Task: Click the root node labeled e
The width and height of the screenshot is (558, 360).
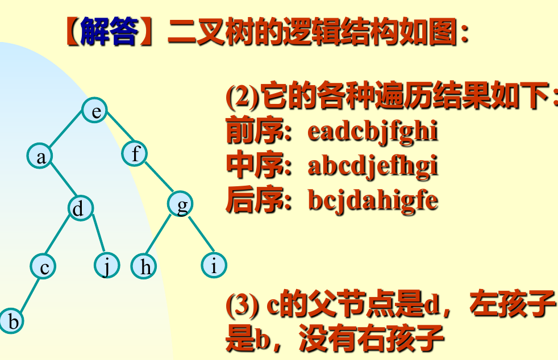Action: click(x=95, y=111)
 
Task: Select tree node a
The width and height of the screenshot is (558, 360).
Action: click(x=41, y=156)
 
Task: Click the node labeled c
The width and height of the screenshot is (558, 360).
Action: click(x=43, y=265)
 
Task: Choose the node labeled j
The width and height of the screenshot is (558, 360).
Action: click(x=106, y=265)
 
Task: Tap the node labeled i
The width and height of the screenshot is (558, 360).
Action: click(x=214, y=265)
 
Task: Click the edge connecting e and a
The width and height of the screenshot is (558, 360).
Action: click(x=67, y=133)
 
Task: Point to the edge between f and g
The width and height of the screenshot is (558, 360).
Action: click(x=158, y=178)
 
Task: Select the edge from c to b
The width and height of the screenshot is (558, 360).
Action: click(x=28, y=294)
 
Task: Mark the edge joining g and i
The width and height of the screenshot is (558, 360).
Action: click(x=198, y=235)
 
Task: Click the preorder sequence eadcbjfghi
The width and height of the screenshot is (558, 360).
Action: click(x=373, y=132)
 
